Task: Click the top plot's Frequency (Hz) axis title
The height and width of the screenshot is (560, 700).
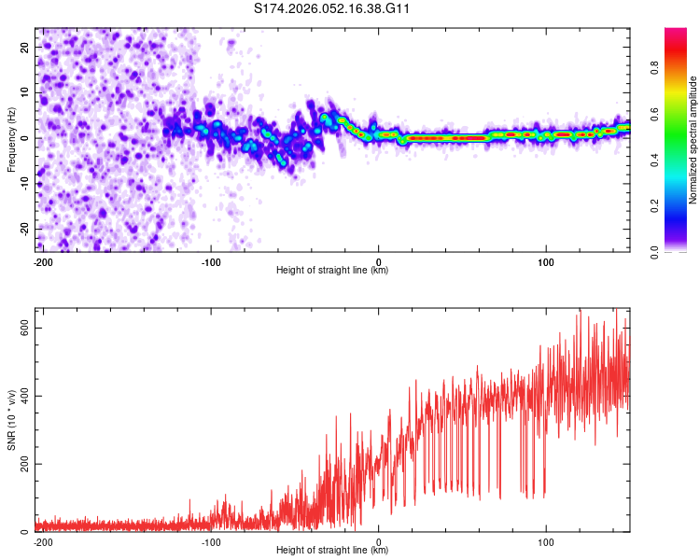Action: pyautogui.click(x=11, y=140)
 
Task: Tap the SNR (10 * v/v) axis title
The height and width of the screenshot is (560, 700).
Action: pyautogui.click(x=11, y=420)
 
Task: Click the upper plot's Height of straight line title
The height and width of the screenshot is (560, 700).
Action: pyautogui.click(x=332, y=270)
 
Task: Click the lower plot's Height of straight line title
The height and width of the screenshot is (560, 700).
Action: pyautogui.click(x=332, y=550)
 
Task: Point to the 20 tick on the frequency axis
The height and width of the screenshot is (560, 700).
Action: pyautogui.click(x=25, y=47)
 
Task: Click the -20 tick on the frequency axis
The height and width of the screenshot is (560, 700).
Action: pyautogui.click(x=23, y=230)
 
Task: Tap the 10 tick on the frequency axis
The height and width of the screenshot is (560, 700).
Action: pyautogui.click(x=25, y=92)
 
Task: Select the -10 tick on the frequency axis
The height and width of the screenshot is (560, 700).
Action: pyautogui.click(x=23, y=184)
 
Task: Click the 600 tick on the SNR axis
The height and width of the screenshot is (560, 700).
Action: pyautogui.click(x=21, y=328)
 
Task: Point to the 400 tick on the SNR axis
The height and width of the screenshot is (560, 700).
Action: pyautogui.click(x=21, y=396)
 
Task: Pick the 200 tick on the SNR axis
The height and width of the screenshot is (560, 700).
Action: pyautogui.click(x=21, y=464)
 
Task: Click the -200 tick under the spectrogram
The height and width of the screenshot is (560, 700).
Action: pyautogui.click(x=41, y=261)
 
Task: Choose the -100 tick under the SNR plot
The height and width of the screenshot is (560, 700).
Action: pyautogui.click(x=210, y=541)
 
